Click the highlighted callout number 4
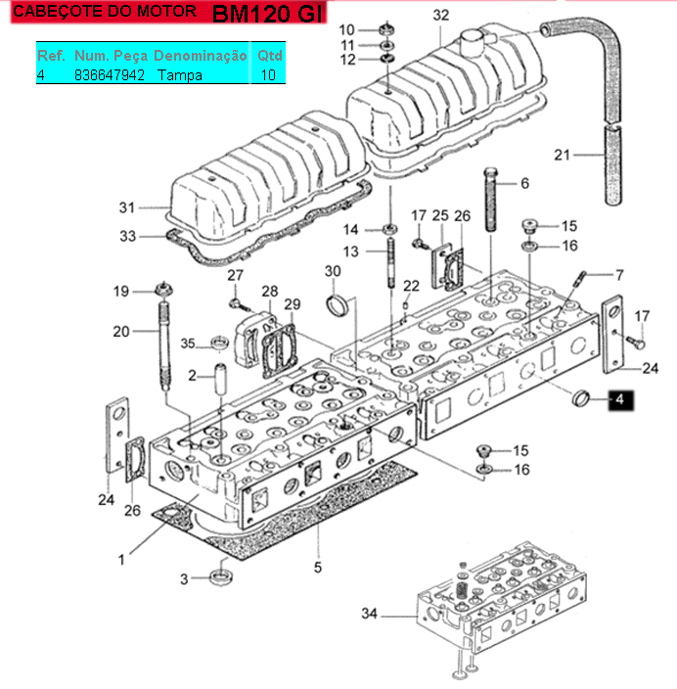(620, 399)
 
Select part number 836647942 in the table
(110, 75)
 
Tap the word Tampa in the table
(180, 75)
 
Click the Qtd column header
(269, 56)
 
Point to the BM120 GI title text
(267, 13)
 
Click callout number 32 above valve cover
(440, 16)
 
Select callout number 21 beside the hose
(562, 155)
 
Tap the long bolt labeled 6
(491, 200)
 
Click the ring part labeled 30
(338, 305)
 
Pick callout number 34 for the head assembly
(369, 614)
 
